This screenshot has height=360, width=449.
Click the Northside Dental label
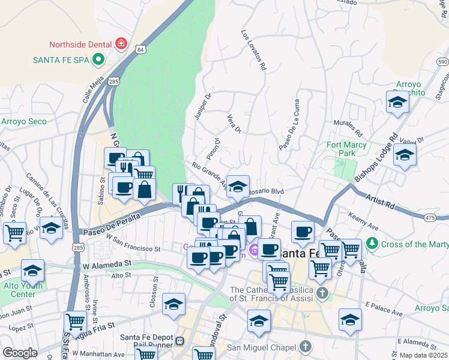pos(82,44)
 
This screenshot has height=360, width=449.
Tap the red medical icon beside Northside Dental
pos(121,44)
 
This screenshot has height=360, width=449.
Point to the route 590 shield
pos(442,62)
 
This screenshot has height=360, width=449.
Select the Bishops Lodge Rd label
pos(376,157)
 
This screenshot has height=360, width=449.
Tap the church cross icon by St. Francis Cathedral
pos(322,293)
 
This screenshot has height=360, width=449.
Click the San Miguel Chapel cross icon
pos(306,347)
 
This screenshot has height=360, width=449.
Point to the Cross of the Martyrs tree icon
pos(373,244)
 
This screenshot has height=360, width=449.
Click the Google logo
pos(20,352)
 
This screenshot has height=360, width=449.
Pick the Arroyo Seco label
pos(23,121)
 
